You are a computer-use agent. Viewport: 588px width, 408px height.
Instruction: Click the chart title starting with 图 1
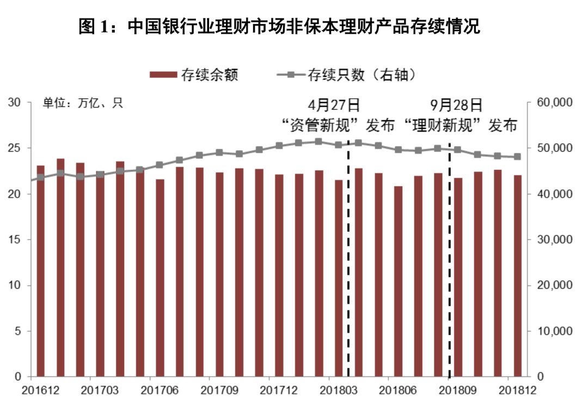pyautogui.click(x=279, y=27)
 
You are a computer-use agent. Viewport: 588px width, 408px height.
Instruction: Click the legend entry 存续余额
pyautogui.click(x=194, y=75)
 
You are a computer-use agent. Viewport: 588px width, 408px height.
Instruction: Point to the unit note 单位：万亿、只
pyautogui.click(x=83, y=103)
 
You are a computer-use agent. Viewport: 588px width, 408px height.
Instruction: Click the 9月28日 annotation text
pyautogui.click(x=456, y=104)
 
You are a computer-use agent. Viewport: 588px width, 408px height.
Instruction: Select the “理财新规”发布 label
pyautogui.click(x=460, y=126)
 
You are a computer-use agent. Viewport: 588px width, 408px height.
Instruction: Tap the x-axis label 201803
pyautogui.click(x=338, y=390)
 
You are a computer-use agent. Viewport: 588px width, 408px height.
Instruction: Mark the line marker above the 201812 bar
pyautogui.click(x=517, y=157)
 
